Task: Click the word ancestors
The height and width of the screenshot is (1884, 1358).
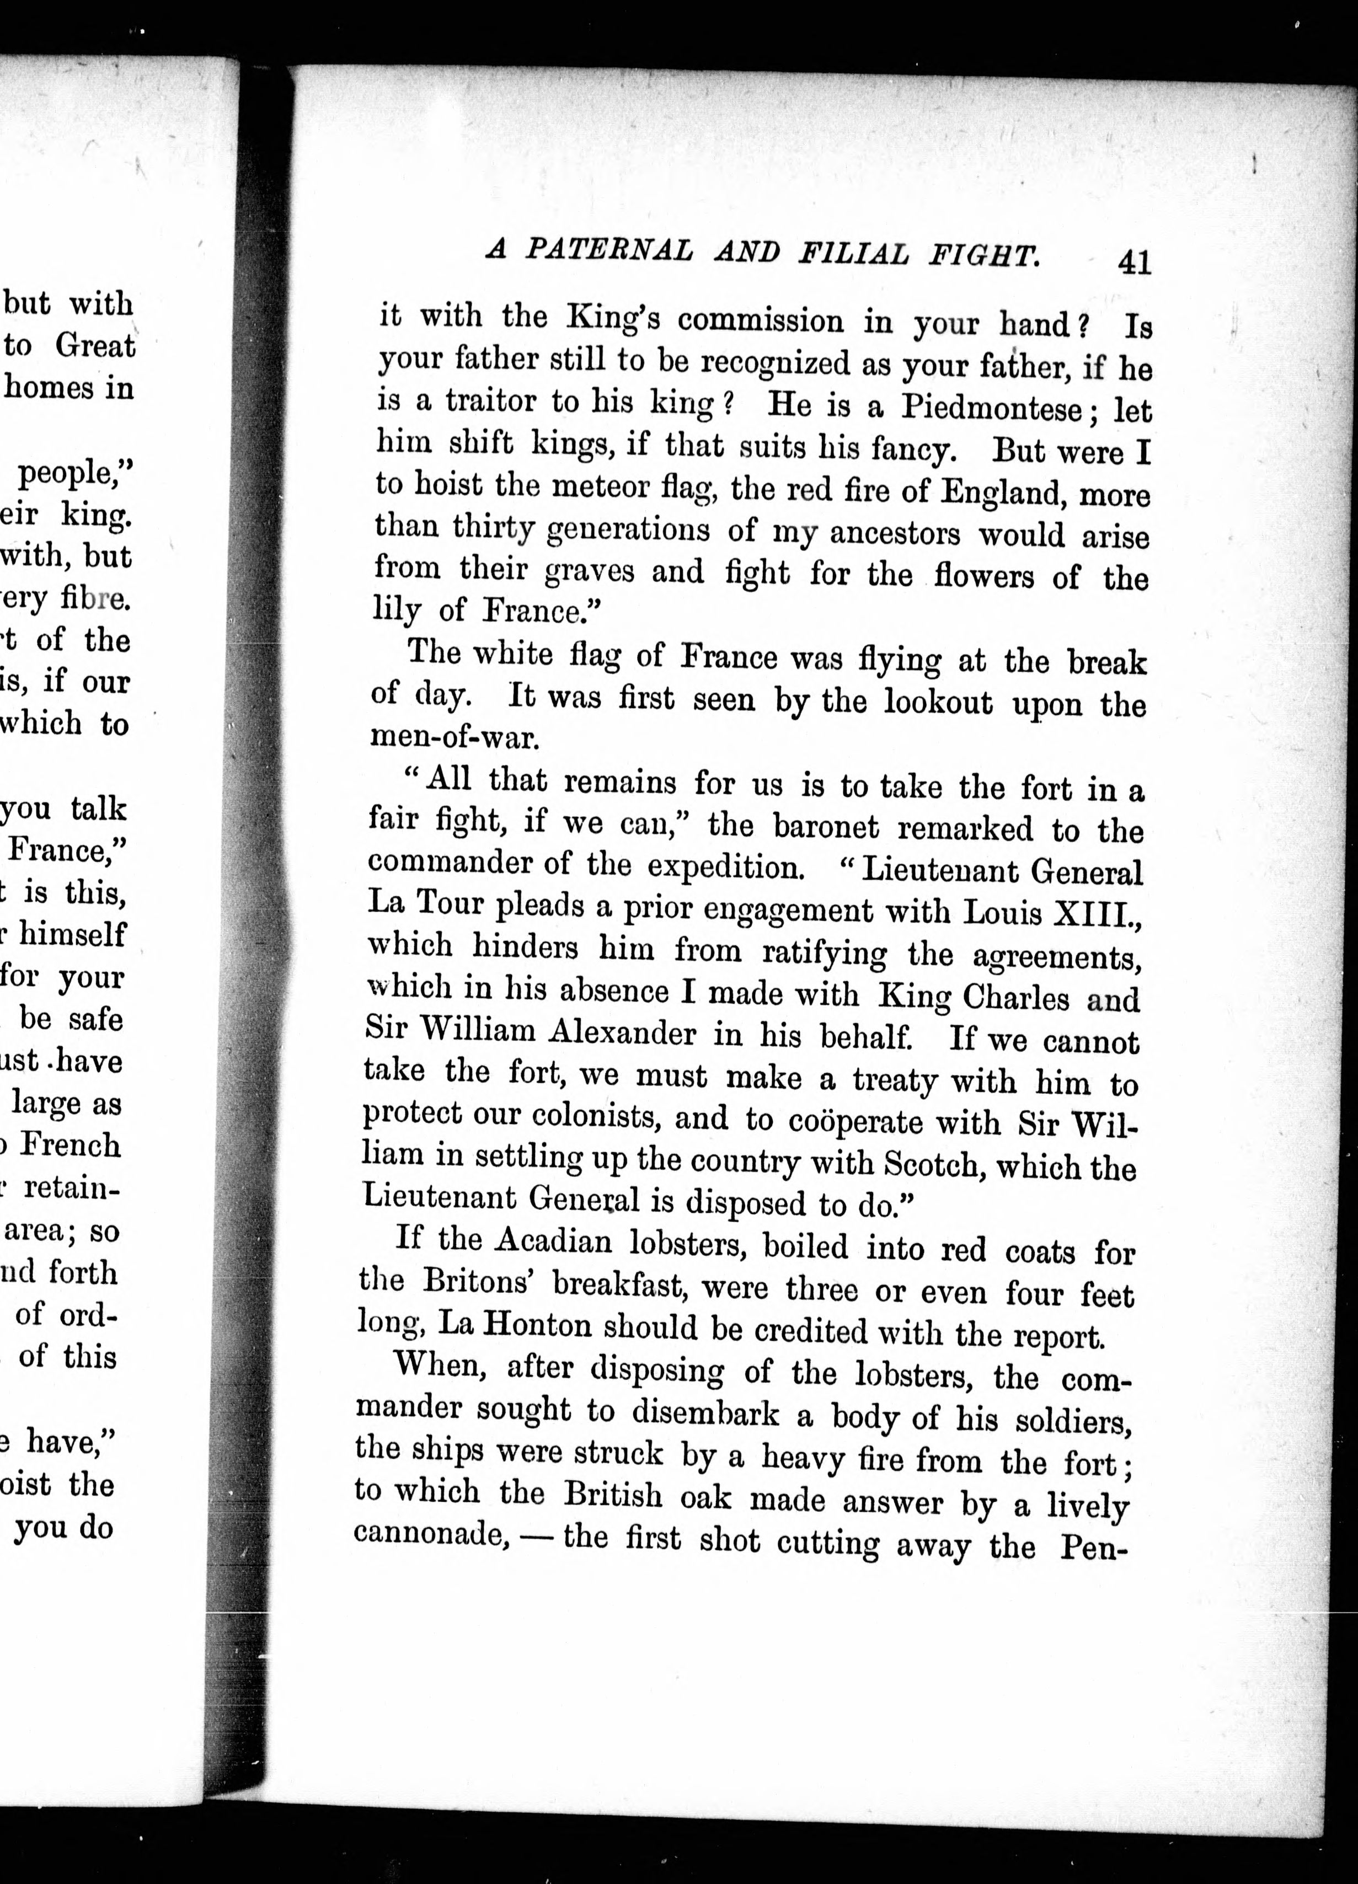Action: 895,532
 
